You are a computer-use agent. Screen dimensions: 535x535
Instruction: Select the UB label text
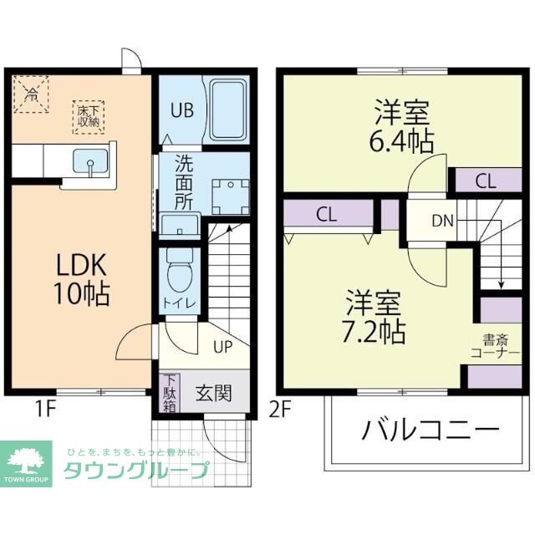183,110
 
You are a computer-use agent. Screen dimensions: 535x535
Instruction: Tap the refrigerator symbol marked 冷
32,92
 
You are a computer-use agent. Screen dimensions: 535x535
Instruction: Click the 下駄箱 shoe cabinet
170,393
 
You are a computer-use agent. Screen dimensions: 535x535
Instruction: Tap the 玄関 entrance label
213,393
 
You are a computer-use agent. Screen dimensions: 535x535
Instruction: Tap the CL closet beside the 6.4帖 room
485,180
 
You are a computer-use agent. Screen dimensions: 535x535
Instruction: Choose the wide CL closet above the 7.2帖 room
327,214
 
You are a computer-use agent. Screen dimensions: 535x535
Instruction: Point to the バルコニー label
431,431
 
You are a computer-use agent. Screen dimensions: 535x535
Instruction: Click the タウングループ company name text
136,471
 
